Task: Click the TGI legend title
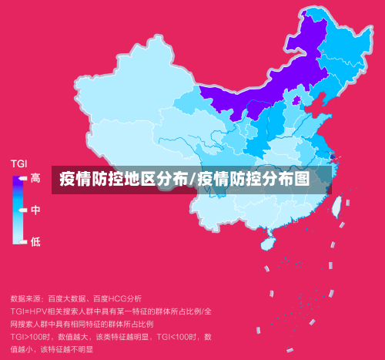click(x=18, y=163)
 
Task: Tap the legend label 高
click(x=35, y=179)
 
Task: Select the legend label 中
click(x=35, y=210)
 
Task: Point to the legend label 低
click(x=35, y=242)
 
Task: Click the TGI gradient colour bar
click(x=17, y=210)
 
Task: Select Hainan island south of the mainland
click(x=268, y=243)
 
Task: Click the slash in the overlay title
click(x=192, y=180)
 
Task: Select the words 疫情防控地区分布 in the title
click(x=123, y=180)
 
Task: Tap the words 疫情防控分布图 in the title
click(x=253, y=180)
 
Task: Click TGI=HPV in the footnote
click(x=29, y=311)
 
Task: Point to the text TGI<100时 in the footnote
click(x=178, y=337)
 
